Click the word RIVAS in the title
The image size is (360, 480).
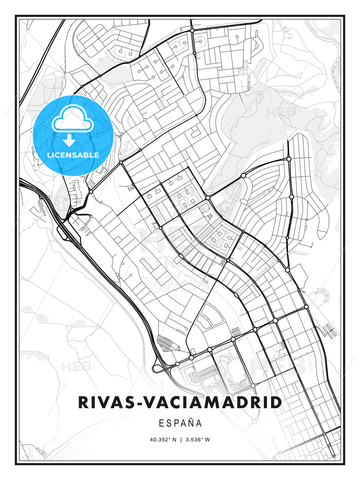(105, 403)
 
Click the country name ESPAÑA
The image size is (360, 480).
(180, 423)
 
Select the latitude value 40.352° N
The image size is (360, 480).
(163, 440)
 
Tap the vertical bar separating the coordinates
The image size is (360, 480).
(180, 440)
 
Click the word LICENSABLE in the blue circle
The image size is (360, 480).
(73, 155)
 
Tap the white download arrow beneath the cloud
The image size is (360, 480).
(69, 140)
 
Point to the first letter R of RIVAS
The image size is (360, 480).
(83, 403)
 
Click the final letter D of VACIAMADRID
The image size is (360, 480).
(276, 403)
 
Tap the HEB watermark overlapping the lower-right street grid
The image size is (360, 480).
(278, 367)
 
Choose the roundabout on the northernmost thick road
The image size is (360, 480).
(192, 30)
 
